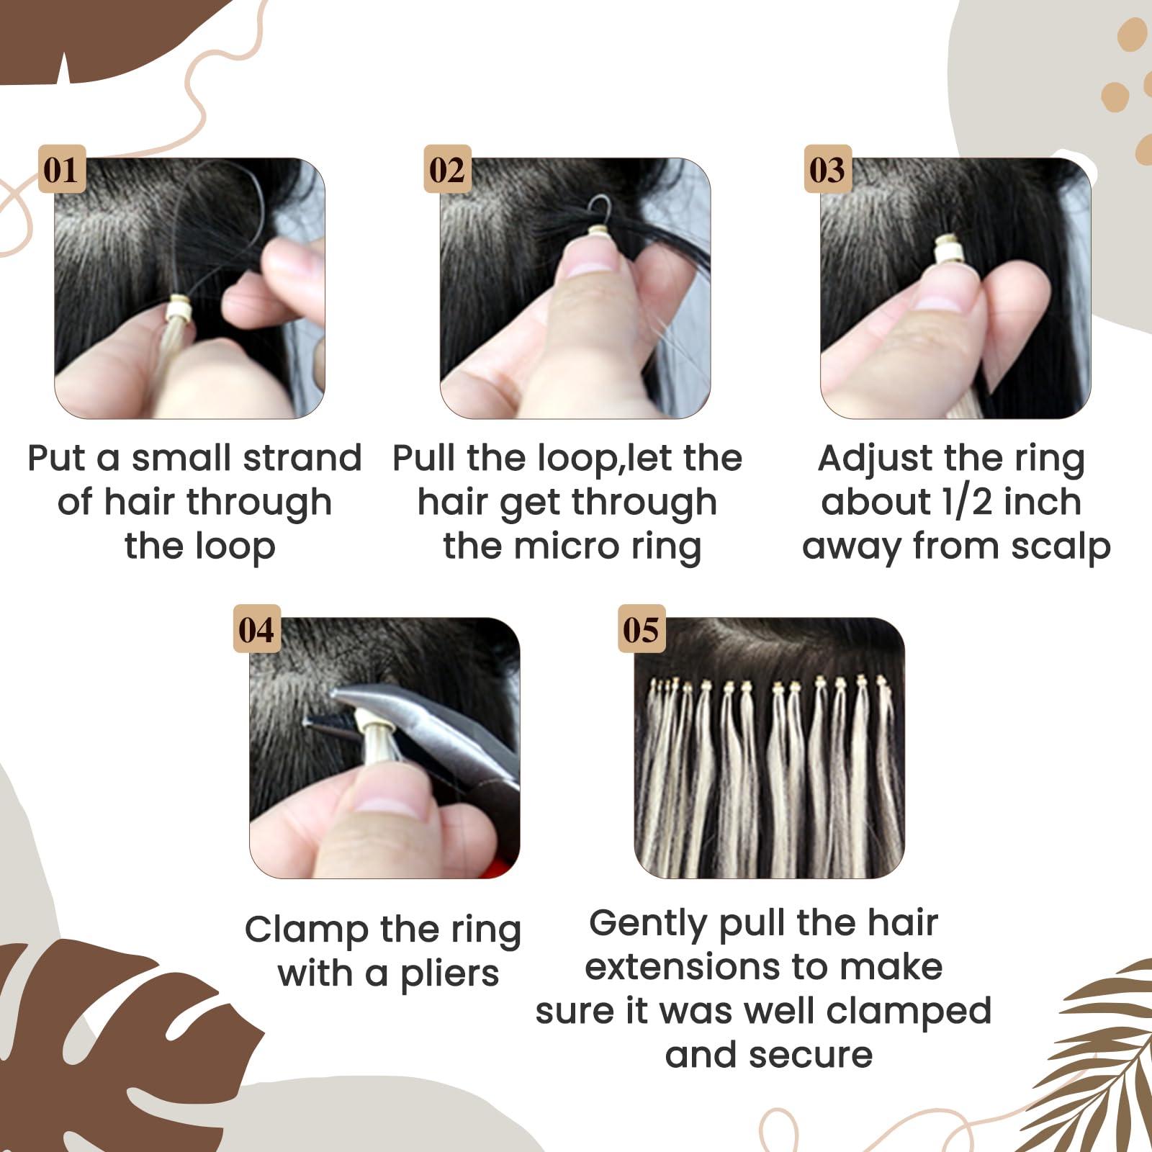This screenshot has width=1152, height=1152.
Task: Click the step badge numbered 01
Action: click(x=61, y=170)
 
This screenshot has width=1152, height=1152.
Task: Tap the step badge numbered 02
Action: click(x=447, y=170)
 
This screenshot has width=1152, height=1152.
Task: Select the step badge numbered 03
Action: click(x=827, y=170)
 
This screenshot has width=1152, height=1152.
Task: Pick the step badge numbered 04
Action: click(x=256, y=629)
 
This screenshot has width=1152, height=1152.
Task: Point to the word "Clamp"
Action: click(x=305, y=930)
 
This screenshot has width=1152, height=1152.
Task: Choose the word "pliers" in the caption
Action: click(x=449, y=974)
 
